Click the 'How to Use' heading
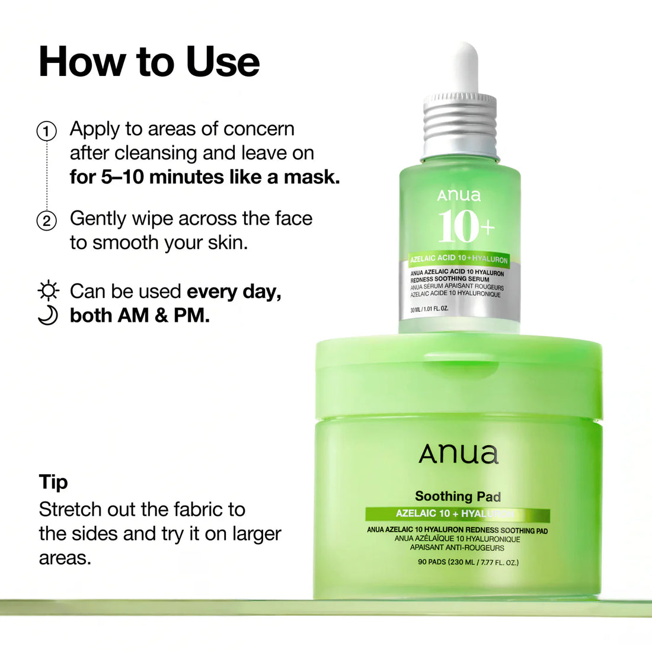[x=149, y=62]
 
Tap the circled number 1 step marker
[x=47, y=131]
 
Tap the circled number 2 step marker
[x=47, y=221]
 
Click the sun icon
[x=48, y=291]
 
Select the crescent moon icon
[x=47, y=315]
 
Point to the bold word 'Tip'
[x=53, y=482]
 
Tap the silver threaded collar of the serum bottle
[x=461, y=124]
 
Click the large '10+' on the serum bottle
[x=466, y=227]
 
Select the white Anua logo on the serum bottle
[x=459, y=196]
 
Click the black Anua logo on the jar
[x=458, y=455]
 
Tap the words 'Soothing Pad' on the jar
[x=458, y=497]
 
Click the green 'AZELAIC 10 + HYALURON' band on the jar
[x=457, y=514]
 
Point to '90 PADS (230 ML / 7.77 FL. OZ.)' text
[x=468, y=562]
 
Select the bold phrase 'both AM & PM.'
[x=140, y=315]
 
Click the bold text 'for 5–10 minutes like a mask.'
[x=204, y=177]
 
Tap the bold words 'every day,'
[x=234, y=291]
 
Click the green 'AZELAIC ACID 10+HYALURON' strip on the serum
[x=459, y=259]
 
